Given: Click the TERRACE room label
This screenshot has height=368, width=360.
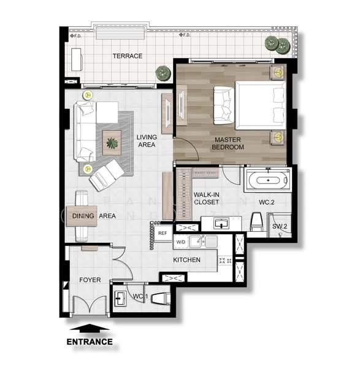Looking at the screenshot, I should point(127,56).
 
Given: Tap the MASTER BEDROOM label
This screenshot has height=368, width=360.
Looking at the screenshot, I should point(228,144).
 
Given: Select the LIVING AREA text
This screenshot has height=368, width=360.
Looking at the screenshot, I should point(146,141).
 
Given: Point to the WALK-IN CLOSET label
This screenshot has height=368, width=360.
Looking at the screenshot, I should point(206,197).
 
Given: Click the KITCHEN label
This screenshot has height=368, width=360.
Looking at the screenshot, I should point(186,260).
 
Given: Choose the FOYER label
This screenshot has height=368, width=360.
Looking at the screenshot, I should point(90,280).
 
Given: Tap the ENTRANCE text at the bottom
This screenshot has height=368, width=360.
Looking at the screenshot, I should point(89,342).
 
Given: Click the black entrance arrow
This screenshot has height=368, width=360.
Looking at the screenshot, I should point(89,328).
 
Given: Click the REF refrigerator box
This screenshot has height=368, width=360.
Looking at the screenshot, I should point(163,233).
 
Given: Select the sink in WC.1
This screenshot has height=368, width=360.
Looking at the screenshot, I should point(121,298).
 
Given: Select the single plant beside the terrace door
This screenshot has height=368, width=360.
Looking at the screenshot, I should point(163,73).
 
